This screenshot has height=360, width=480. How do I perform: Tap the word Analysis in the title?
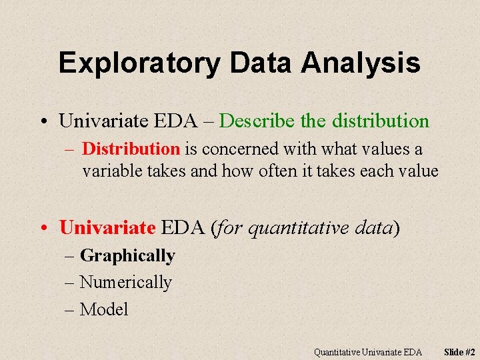tap(360, 63)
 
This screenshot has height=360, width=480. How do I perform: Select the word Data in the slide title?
tap(262, 63)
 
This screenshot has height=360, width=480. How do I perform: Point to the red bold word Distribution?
tap(131, 149)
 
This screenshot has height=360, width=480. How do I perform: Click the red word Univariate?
tap(107, 227)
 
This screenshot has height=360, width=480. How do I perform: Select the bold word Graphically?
tap(127, 256)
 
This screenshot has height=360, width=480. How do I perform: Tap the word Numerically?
tap(125, 283)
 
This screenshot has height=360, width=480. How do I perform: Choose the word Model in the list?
tap(104, 309)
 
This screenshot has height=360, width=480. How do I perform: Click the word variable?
tap(110, 171)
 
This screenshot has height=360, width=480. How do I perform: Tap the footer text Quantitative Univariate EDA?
tap(368, 351)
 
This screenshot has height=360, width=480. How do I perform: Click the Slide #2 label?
tap(460, 351)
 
